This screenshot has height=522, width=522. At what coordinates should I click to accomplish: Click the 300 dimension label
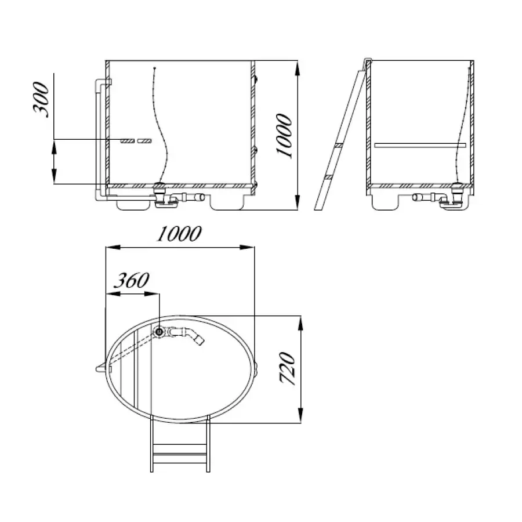(41, 99)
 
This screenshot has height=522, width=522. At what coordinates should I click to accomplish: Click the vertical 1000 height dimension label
(284, 136)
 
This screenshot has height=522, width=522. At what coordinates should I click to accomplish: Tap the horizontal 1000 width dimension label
(179, 234)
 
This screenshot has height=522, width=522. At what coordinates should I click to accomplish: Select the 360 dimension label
(132, 280)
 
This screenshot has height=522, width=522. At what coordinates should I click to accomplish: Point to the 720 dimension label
(288, 368)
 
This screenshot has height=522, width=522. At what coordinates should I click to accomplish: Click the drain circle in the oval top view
(159, 332)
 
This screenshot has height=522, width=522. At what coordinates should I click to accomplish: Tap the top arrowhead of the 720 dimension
(300, 323)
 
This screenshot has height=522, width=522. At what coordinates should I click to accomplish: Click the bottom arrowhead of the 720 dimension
(300, 416)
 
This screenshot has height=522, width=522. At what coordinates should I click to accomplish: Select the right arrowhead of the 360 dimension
(151, 293)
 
